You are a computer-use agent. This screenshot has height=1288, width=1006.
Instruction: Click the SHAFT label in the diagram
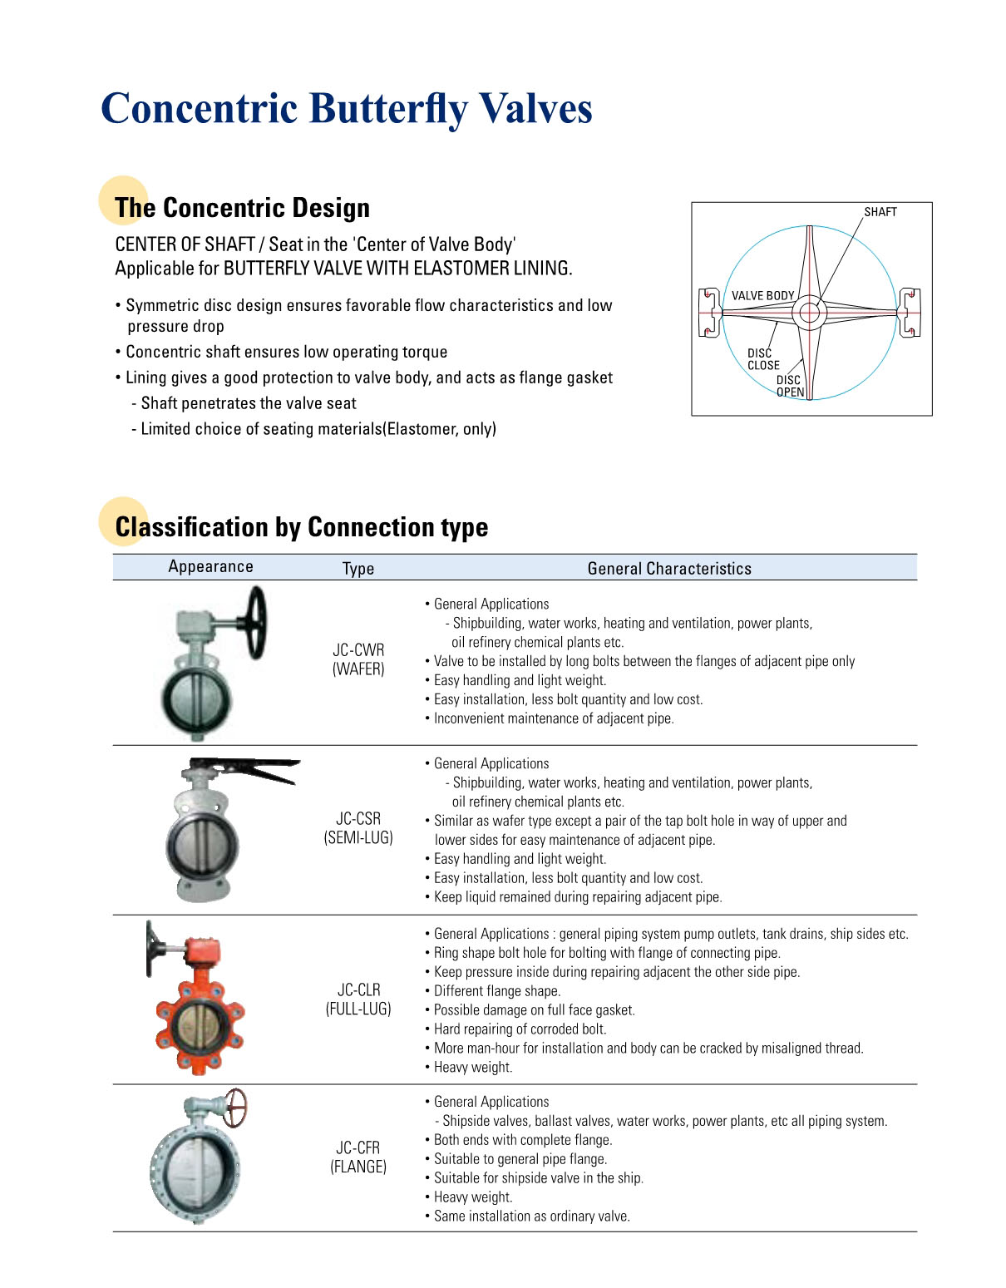click(880, 212)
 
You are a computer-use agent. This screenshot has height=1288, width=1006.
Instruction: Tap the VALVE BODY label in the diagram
click(762, 296)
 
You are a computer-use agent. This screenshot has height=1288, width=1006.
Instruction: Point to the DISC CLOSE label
click(762, 359)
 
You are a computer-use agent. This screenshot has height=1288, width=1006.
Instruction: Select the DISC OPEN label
click(790, 386)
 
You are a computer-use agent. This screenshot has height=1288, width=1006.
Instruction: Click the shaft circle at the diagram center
click(808, 313)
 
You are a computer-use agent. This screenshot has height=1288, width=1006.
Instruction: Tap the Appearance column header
click(210, 566)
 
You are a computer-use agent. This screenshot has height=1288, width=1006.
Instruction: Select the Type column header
click(358, 569)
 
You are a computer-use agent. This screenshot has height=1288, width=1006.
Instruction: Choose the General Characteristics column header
click(669, 569)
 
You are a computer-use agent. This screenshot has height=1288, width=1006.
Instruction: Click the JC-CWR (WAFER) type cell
click(358, 659)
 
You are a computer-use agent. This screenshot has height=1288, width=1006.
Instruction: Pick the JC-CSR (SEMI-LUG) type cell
click(358, 828)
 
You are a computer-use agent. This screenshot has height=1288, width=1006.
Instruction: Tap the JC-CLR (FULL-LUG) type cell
click(358, 999)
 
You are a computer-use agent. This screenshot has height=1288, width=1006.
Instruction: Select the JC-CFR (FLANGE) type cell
click(358, 1157)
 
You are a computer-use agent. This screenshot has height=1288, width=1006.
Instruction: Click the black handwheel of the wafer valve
click(256, 621)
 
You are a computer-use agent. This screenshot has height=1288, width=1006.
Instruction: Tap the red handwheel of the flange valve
click(235, 1107)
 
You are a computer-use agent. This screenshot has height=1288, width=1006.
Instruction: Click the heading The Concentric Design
click(242, 208)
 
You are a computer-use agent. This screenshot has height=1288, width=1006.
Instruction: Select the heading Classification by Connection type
click(301, 527)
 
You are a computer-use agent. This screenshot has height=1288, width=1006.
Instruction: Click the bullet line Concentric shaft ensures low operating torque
click(286, 352)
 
